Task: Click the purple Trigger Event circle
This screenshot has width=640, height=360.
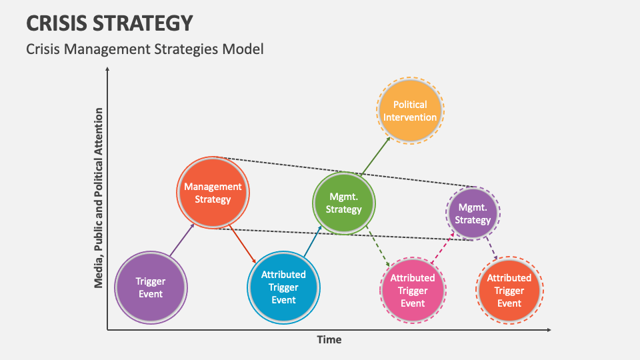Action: [x=151, y=287]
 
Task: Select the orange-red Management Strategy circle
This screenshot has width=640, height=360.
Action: [x=213, y=193]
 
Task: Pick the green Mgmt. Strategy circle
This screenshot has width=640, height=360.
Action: [x=344, y=203]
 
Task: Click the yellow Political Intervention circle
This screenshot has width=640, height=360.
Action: [x=410, y=111]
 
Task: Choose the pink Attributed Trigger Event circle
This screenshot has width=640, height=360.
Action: [x=413, y=290]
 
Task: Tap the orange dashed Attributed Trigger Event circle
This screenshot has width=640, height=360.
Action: [x=509, y=290]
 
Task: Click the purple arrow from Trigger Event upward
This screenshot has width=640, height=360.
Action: [x=181, y=240]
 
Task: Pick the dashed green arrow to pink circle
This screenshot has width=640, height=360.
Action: [x=377, y=249]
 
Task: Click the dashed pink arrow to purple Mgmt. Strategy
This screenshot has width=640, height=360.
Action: [x=443, y=249]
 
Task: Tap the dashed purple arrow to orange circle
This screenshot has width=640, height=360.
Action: [x=491, y=249]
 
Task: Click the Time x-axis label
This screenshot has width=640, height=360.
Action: [x=329, y=340]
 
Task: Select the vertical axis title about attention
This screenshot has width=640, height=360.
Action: [x=99, y=197]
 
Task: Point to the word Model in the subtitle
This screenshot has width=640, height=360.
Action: [x=244, y=49]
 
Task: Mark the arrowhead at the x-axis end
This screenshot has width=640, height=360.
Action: [x=548, y=330]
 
